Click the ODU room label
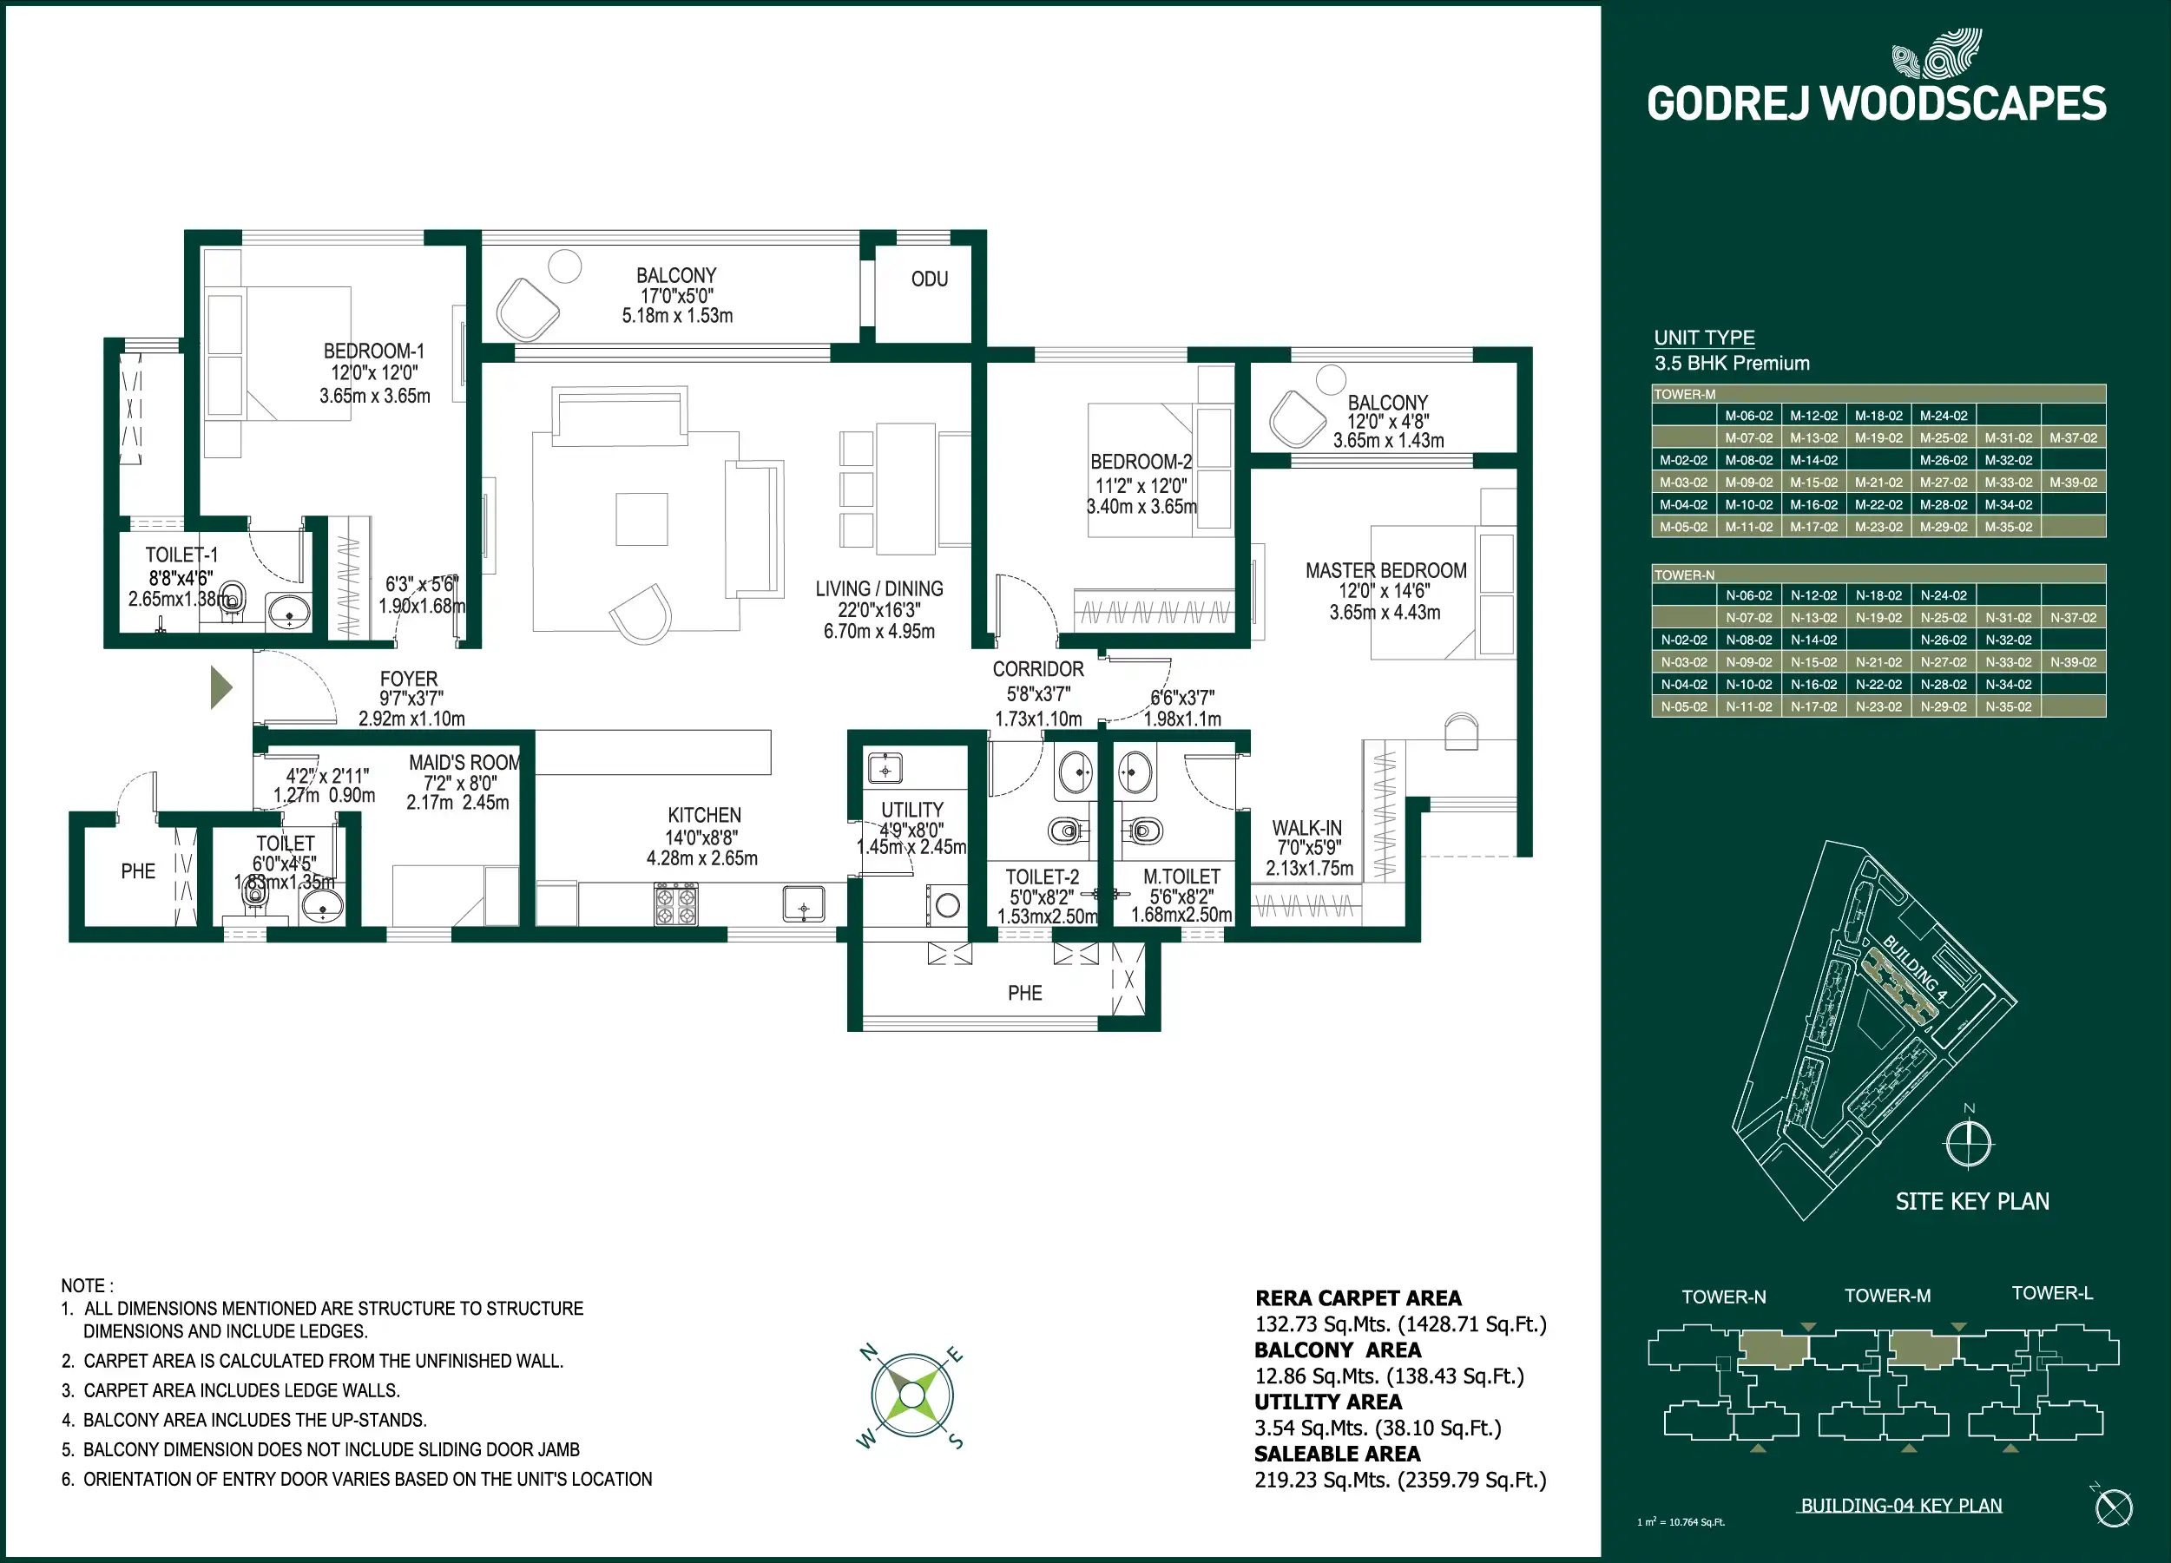(930, 279)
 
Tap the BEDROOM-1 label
(374, 351)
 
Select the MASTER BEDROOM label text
(1386, 570)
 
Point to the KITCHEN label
(705, 816)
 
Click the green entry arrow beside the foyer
(221, 687)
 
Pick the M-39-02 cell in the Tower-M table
(2074, 483)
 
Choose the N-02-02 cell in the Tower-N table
(1684, 640)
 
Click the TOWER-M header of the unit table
(1685, 394)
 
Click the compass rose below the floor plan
(912, 1396)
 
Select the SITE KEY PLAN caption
(1972, 1201)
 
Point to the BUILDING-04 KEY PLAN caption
(1901, 1506)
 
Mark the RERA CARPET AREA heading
(1359, 1298)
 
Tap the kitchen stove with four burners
(676, 904)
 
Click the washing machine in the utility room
(947, 905)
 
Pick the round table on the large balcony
(565, 266)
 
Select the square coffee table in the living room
(641, 519)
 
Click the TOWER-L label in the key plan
(2052, 1293)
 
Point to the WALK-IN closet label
(1306, 828)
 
